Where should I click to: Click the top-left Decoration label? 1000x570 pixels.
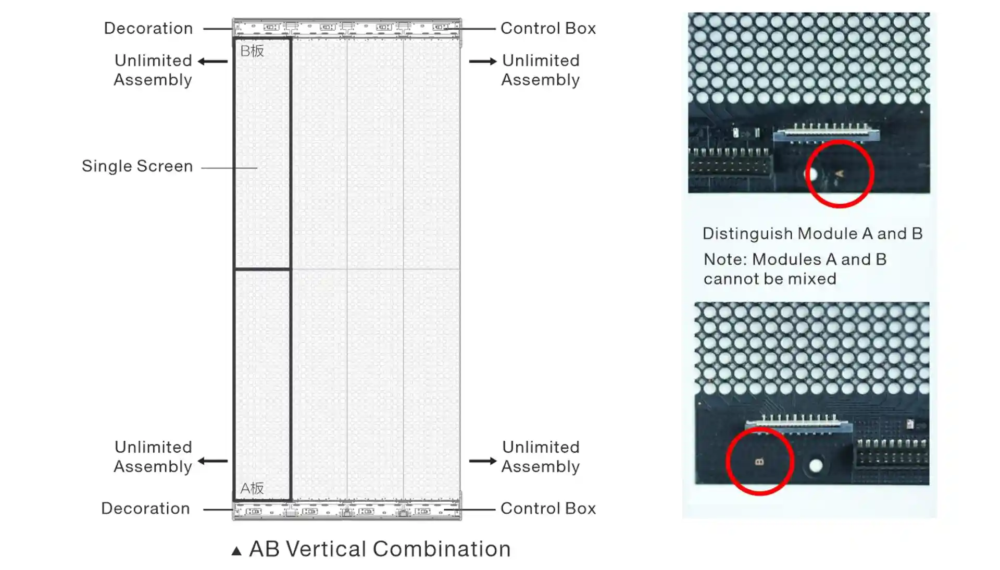(x=148, y=28)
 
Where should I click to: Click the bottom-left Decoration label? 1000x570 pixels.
(x=145, y=509)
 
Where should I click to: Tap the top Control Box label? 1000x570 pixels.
(x=548, y=28)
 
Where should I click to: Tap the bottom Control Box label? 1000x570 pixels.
(x=548, y=509)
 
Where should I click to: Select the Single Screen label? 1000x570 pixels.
(x=137, y=166)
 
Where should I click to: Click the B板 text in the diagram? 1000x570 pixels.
(x=252, y=51)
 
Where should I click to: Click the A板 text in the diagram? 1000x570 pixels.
(x=252, y=488)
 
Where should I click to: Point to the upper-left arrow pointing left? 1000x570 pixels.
(x=213, y=61)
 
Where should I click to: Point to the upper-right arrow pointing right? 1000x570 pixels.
(x=483, y=61)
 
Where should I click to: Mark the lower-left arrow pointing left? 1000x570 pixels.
(x=213, y=461)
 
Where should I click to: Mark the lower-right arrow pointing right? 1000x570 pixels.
(x=483, y=461)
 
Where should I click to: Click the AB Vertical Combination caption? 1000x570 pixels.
(x=380, y=549)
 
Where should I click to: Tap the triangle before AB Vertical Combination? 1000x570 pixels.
(x=236, y=551)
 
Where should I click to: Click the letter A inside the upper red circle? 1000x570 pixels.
(x=839, y=174)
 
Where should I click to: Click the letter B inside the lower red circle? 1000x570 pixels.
(x=759, y=462)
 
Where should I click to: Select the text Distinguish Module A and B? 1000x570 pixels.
(x=813, y=233)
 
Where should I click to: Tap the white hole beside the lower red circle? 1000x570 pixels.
(x=816, y=465)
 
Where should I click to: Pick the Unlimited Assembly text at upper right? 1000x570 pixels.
(x=541, y=70)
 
